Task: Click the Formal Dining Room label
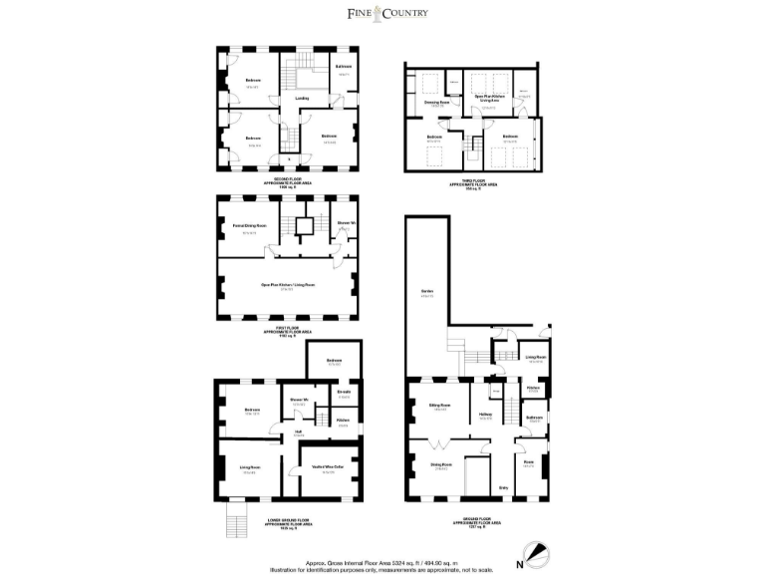point(249,226)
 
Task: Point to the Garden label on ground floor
point(426,292)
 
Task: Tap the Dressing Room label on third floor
point(437,102)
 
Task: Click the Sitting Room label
point(439,405)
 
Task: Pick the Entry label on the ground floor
point(503,486)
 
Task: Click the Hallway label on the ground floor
point(485,415)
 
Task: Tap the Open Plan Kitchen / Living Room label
point(287,285)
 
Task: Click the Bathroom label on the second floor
point(344,67)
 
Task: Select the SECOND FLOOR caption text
point(287,179)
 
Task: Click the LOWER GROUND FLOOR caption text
point(286,520)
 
